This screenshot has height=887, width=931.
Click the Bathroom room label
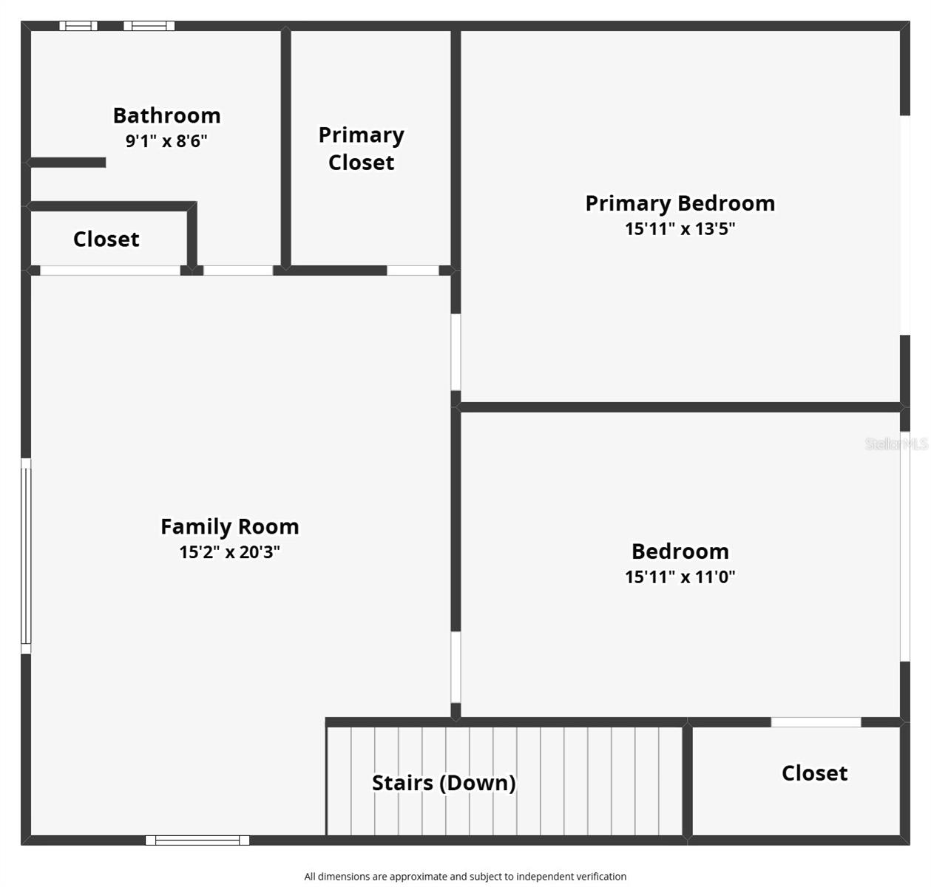click(166, 115)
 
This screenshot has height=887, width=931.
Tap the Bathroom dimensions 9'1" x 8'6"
click(166, 140)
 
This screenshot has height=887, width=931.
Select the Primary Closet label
click(361, 149)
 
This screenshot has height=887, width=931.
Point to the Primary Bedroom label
click(680, 203)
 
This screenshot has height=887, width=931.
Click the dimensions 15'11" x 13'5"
click(680, 228)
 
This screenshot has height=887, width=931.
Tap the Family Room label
click(229, 526)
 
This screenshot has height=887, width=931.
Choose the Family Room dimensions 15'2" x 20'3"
click(229, 551)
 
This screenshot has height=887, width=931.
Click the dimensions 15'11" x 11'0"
click(680, 577)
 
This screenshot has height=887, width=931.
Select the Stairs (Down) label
click(443, 783)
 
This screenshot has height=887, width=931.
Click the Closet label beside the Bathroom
click(106, 239)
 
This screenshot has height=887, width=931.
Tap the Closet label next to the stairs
click(814, 773)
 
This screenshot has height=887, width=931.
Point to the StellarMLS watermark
click(896, 443)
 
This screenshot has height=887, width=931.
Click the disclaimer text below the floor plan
click(465, 877)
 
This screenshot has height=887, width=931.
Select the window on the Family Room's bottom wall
click(197, 840)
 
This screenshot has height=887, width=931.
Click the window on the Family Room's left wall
click(26, 556)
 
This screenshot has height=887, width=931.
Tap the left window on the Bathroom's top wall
click(78, 26)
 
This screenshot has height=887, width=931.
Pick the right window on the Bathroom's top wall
click(149, 26)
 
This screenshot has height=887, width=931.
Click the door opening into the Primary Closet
click(413, 271)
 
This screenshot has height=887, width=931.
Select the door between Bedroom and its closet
click(816, 722)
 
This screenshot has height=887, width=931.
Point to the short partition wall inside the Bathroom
click(67, 163)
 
